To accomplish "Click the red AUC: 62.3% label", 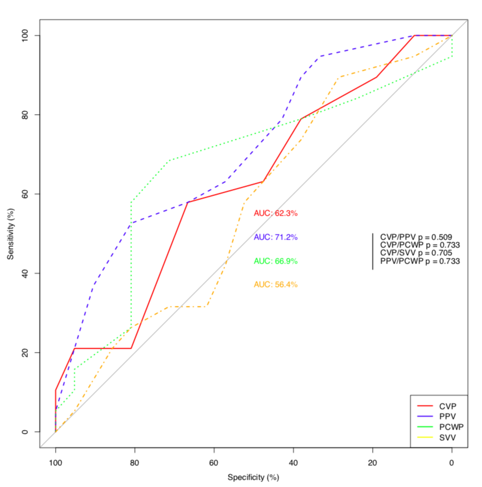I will [275, 213].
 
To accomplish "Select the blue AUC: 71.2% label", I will [275, 237].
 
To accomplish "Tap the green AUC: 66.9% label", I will [275, 261].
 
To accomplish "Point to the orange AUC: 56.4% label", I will [275, 284].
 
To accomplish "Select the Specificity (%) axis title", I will [253, 478].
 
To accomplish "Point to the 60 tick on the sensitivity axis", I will [26, 194].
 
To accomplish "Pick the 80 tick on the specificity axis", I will [134, 462].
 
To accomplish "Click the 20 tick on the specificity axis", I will [373, 462].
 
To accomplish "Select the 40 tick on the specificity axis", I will [293, 462].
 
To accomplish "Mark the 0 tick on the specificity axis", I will [452, 462].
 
